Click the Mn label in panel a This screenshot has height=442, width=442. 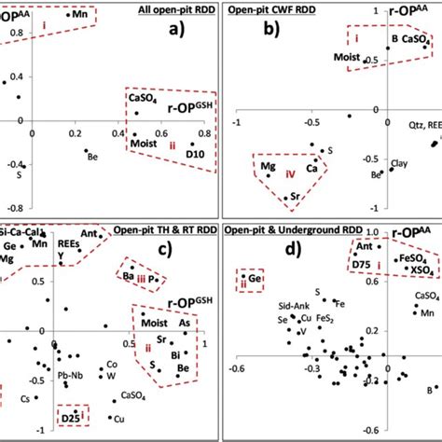[x=81, y=17]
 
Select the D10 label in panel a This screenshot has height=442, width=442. [x=194, y=151]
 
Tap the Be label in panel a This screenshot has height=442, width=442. [x=92, y=157]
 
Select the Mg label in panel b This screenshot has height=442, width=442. [x=268, y=169]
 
